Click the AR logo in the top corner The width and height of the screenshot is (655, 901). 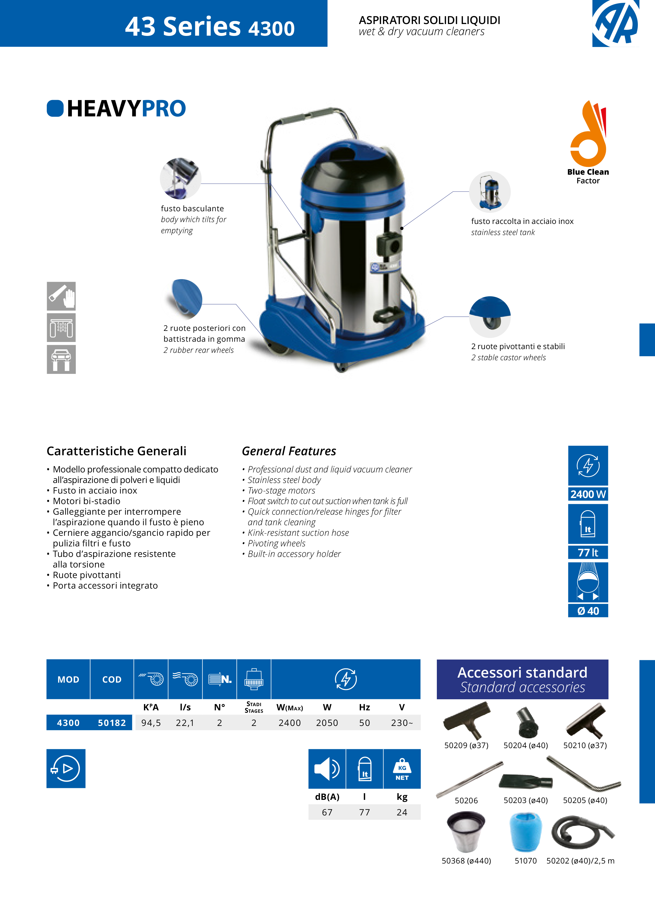coord(615,23)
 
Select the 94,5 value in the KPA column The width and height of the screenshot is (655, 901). coord(151,723)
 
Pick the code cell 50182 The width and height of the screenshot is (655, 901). coord(112,723)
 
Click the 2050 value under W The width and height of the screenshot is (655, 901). coord(327,723)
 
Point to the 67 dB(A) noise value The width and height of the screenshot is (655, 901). coord(327,813)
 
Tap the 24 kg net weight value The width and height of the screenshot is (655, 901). coord(401,813)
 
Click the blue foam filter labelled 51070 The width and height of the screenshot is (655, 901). coord(525,833)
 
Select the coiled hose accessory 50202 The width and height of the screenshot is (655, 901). coord(582,833)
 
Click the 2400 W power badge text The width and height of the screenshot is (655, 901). coord(588,494)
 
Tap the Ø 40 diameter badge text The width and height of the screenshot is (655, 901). coord(588,611)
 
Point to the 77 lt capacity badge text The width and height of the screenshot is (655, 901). coord(588,553)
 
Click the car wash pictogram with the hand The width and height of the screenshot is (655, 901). coord(61,296)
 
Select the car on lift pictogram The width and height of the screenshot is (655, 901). coord(61,359)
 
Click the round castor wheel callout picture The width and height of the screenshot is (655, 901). coord(490,317)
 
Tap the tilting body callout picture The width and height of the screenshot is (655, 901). coord(180,178)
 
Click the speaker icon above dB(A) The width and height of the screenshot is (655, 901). coord(327,769)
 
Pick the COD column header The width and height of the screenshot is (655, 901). coord(112,679)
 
